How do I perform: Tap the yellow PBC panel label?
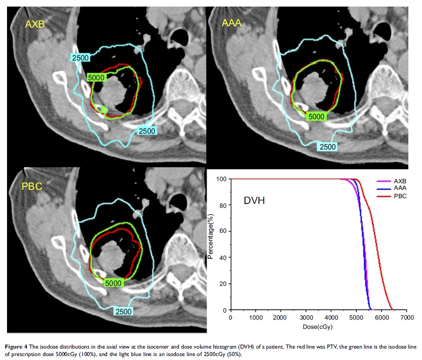(x=32, y=187)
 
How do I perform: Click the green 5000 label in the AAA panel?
(x=316, y=117)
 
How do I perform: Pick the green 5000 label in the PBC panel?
(x=113, y=283)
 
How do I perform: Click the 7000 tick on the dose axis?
(x=407, y=317)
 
